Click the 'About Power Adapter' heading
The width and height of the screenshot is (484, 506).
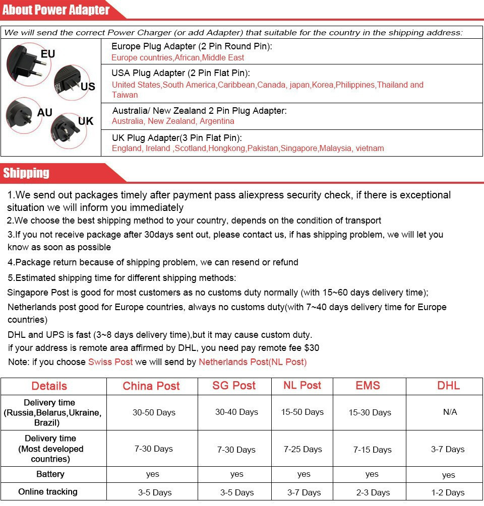(55, 10)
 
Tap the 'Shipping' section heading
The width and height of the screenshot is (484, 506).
(26, 173)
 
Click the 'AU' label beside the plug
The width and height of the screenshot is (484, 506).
(44, 112)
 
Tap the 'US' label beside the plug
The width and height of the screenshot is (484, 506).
(88, 87)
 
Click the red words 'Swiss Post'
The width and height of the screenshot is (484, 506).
(110, 362)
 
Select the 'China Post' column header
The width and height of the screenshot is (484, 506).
(151, 386)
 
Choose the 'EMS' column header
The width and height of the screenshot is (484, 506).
(368, 386)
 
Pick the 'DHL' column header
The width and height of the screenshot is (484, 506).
(448, 386)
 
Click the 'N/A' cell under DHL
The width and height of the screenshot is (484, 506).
(450, 412)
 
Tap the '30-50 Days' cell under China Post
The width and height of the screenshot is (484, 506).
(154, 412)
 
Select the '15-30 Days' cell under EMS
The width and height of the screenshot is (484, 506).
(370, 413)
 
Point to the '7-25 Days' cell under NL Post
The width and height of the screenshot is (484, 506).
(302, 449)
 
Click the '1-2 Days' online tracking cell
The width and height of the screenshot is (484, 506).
(448, 492)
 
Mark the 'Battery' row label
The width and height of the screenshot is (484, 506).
(50, 474)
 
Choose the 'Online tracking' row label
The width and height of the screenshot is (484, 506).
(48, 492)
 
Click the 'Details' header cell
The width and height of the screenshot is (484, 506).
(49, 386)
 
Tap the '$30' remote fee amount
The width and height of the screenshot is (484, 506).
(312, 348)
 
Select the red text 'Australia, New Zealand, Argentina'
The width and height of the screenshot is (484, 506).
(173, 121)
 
